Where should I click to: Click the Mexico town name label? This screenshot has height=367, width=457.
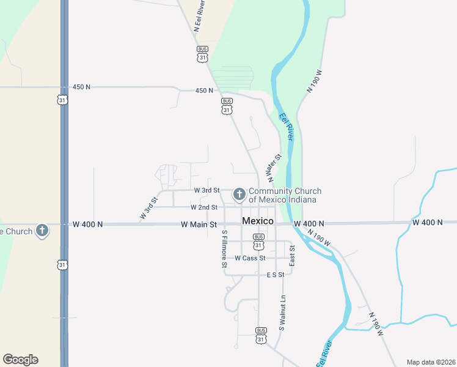(x=257, y=221)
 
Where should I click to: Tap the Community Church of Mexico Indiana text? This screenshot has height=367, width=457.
(x=285, y=196)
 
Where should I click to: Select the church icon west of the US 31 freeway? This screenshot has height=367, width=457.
(x=42, y=231)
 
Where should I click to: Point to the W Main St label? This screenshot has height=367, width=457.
(x=199, y=224)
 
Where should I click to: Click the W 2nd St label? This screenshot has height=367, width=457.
(x=204, y=207)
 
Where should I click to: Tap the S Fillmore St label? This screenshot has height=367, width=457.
(x=224, y=249)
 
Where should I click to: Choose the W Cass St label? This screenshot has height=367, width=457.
(x=250, y=258)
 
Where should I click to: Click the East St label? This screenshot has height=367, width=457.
(x=292, y=256)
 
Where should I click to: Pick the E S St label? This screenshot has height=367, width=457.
(x=276, y=275)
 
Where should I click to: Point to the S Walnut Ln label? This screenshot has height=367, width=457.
(x=282, y=313)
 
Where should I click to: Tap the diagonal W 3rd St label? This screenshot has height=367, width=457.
(x=148, y=208)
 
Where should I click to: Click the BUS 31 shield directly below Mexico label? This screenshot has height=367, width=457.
(x=258, y=241)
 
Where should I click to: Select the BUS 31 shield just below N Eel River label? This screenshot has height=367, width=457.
(x=202, y=53)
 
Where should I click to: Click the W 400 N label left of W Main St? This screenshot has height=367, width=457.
(x=87, y=224)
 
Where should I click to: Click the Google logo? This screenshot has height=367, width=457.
(x=20, y=360)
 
